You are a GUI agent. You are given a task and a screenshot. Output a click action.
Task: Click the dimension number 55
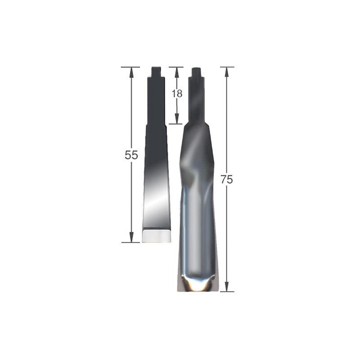131,155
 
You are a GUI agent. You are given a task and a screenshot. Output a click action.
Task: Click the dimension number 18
177,94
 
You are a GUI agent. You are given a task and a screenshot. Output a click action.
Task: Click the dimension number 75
227,179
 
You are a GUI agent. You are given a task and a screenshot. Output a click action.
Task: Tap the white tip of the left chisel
156,237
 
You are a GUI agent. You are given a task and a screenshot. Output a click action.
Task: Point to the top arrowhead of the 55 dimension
131,72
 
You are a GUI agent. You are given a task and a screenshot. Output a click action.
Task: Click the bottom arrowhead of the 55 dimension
131,237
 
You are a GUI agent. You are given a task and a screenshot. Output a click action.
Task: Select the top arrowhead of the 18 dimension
176,72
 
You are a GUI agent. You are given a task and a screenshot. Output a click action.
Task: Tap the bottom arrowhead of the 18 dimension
176,119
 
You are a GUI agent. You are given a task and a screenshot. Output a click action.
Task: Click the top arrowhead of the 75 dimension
227,72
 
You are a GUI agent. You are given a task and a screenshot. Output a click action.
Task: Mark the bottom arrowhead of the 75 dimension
227,286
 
